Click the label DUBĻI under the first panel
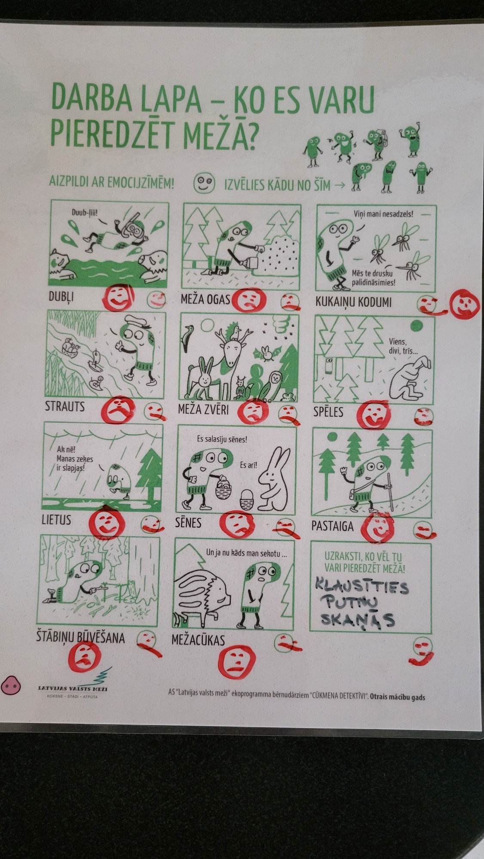click(61, 296)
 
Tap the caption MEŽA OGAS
click(205, 299)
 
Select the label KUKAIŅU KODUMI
click(354, 302)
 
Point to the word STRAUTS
click(65, 406)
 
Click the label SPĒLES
click(328, 412)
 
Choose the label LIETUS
click(56, 520)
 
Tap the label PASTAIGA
click(332, 526)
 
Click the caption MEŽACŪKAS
click(198, 640)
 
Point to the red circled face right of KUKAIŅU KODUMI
click(464, 304)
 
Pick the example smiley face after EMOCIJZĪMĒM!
click(203, 184)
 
